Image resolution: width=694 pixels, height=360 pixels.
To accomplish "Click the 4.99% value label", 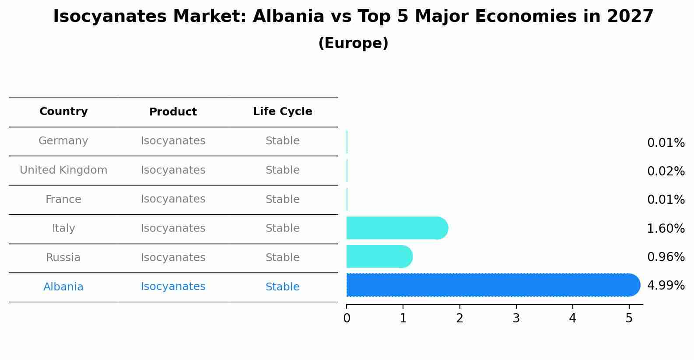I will click(666, 286).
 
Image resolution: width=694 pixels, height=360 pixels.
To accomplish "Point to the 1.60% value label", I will click(666, 228).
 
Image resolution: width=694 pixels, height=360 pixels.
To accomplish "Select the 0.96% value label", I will click(666, 257).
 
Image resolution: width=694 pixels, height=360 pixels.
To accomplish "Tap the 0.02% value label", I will click(666, 171).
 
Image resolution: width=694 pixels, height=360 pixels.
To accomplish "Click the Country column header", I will click(63, 112).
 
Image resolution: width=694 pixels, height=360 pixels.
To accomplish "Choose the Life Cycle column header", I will click(282, 112).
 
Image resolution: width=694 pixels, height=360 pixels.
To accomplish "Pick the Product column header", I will click(173, 112).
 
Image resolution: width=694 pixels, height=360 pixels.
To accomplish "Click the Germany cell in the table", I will click(63, 141).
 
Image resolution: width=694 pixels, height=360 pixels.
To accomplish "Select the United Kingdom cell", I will click(63, 170).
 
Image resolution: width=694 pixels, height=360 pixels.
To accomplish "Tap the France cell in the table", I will click(63, 199).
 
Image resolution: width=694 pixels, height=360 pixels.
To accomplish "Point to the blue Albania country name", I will click(63, 287).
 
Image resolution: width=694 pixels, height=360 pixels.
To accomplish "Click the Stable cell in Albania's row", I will click(282, 287).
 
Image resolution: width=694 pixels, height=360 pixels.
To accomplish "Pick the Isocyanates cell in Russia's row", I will click(173, 258).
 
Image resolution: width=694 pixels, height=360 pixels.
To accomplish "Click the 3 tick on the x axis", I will click(516, 318).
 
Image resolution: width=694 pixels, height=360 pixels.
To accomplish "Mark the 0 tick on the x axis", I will click(347, 318).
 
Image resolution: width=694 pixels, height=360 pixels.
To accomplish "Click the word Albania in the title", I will click(288, 17).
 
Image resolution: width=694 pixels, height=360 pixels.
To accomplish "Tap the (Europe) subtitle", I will click(353, 43).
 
